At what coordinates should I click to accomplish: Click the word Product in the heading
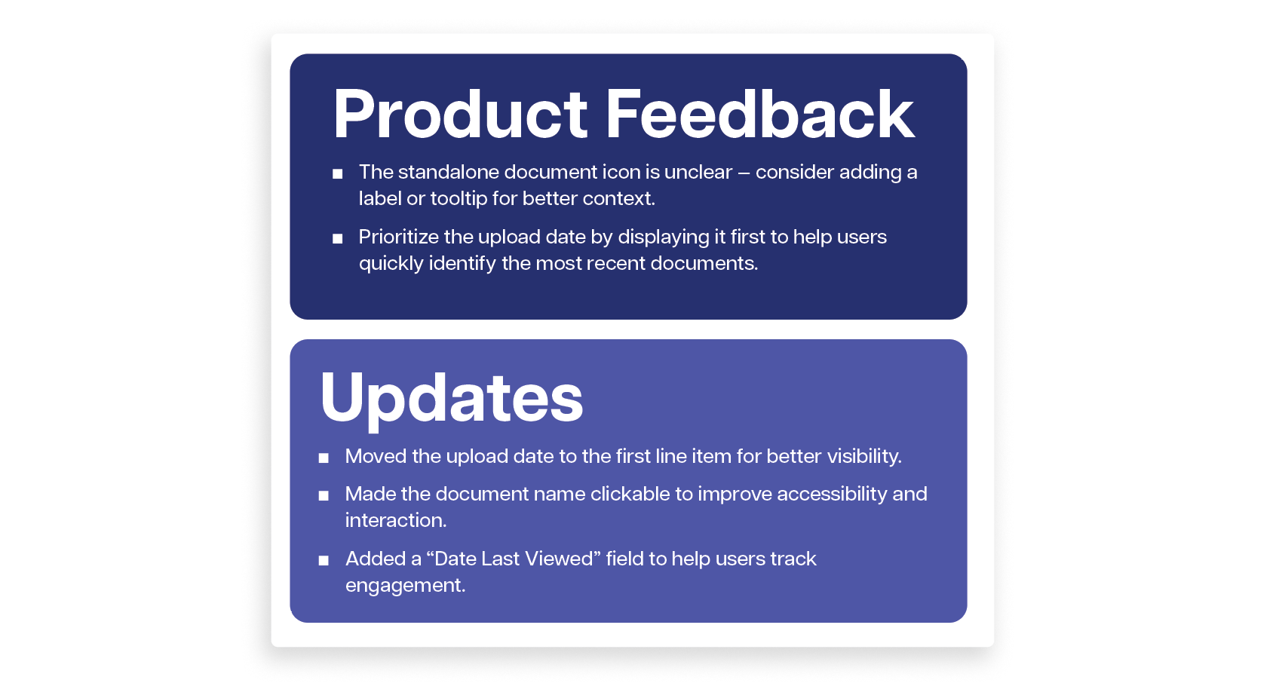(460, 114)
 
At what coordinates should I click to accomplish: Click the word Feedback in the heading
(760, 113)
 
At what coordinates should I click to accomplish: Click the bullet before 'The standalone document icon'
(337, 173)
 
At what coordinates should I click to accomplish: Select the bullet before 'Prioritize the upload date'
(337, 238)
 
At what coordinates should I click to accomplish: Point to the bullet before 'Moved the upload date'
(324, 458)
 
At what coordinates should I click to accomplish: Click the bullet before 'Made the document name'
(324, 495)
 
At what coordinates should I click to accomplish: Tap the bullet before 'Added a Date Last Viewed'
(324, 560)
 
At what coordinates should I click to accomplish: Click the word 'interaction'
(396, 520)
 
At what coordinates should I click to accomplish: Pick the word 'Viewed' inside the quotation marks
(563, 559)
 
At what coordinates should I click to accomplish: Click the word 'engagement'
(406, 586)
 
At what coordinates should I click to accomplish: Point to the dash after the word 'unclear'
(744, 173)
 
